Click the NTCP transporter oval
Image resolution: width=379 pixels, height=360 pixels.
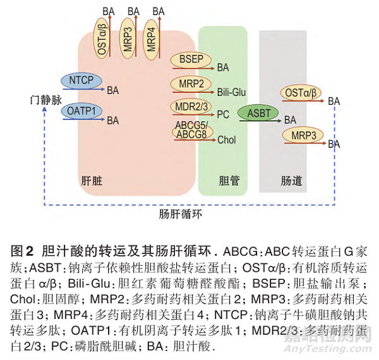pyautogui.click(x=81, y=80)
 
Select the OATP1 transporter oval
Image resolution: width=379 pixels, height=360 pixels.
pyautogui.click(x=81, y=111)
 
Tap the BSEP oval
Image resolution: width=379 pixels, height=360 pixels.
pyautogui.click(x=191, y=58)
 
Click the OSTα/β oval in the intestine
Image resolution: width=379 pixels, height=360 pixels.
pyautogui.click(x=301, y=93)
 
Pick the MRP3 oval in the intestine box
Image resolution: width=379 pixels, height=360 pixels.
pyautogui.click(x=303, y=136)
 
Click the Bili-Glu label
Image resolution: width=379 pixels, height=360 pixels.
pyautogui.click(x=231, y=92)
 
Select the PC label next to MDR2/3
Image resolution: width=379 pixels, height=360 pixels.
pyautogui.click(x=222, y=116)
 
